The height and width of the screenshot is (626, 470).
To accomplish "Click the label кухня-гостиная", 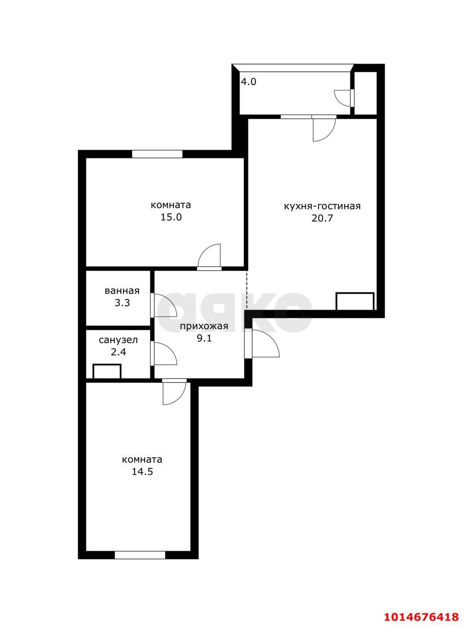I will tap(322, 206).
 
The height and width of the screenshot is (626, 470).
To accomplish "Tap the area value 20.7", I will tap(322, 218).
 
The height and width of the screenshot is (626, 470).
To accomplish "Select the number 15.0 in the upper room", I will tap(171, 217).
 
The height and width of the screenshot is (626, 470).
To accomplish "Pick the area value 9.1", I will tap(204, 338).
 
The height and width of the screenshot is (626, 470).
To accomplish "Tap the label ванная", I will tap(122, 291).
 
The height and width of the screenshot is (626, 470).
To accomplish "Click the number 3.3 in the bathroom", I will tap(122, 303).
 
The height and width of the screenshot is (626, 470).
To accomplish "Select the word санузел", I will tap(118, 339).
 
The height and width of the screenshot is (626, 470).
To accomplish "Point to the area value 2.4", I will tap(118, 352).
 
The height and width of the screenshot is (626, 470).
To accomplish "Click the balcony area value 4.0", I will tap(248, 82).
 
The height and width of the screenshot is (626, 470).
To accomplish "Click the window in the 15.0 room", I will tap(157, 154).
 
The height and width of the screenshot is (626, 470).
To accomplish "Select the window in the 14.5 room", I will tap(140, 555).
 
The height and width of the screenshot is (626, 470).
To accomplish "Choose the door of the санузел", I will tap(164, 353).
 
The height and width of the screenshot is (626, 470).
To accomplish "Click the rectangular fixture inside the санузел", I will tap(107, 371).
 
